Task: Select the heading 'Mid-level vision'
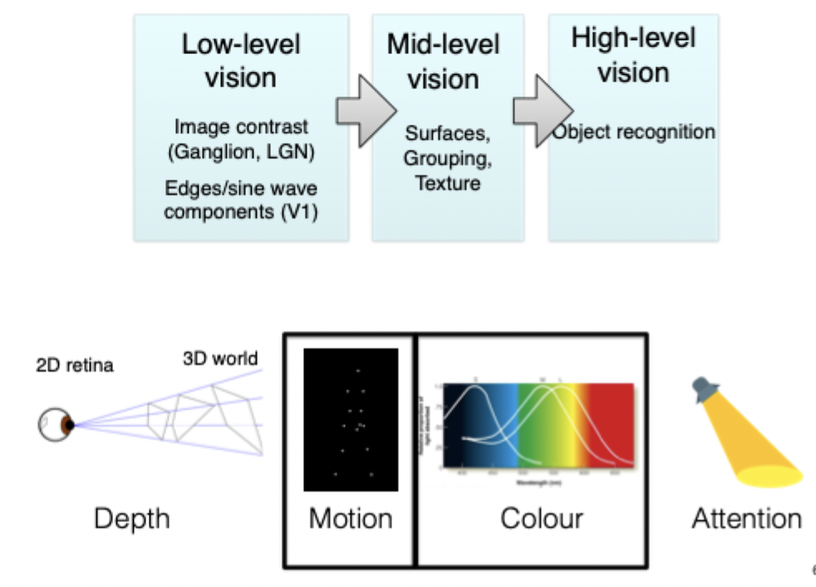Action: pyautogui.click(x=444, y=62)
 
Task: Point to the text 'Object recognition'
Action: pyautogui.click(x=634, y=132)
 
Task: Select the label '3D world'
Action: pyautogui.click(x=220, y=359)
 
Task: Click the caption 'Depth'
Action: pyautogui.click(x=131, y=519)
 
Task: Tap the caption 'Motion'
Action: pyautogui.click(x=350, y=519)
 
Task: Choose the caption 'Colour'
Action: pyautogui.click(x=541, y=519)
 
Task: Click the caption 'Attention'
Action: pyautogui.click(x=746, y=519)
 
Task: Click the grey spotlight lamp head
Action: pyautogui.click(x=705, y=388)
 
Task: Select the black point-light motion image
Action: pyautogui.click(x=350, y=420)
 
